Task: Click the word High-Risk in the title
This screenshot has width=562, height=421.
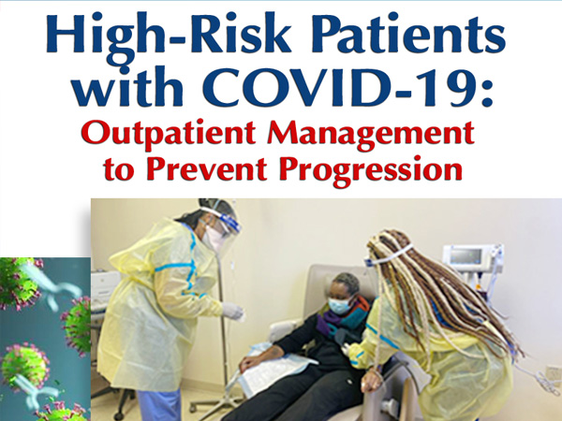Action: click(x=169, y=38)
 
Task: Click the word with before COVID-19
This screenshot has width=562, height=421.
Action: click(x=127, y=86)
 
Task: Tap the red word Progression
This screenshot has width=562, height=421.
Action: click(x=371, y=171)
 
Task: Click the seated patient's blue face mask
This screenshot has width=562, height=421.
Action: click(x=339, y=306)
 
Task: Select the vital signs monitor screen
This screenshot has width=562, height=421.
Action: click(x=466, y=256)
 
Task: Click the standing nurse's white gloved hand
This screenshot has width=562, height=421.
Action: click(x=233, y=311)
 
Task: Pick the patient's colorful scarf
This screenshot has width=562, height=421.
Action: click(x=341, y=319)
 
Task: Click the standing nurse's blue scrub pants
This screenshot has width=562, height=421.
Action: click(x=158, y=404)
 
